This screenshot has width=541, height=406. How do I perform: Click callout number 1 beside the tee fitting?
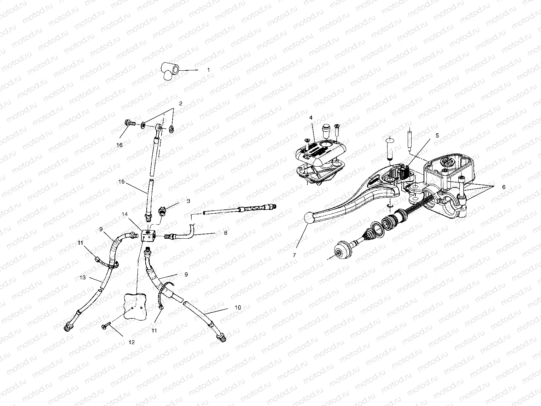coord(208,70)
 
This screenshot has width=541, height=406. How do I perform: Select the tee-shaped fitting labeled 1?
coord(169,70)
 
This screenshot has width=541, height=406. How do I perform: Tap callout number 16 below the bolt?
coord(120,145)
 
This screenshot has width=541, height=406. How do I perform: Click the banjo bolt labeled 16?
coord(130,124)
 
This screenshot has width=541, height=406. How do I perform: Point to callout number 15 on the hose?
coord(121,182)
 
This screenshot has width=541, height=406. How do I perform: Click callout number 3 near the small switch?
coord(188,201)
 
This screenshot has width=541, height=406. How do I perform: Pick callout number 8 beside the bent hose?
coord(225,233)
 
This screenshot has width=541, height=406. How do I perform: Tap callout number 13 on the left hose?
coord(82,278)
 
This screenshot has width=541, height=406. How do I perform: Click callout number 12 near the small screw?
coord(132,342)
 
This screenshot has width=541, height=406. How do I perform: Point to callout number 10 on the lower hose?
coord(238,307)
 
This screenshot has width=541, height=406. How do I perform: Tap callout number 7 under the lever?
coord(294,255)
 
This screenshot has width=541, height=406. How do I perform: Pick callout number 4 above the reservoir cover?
coord(311,117)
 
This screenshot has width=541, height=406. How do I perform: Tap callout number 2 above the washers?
coord(180,104)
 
